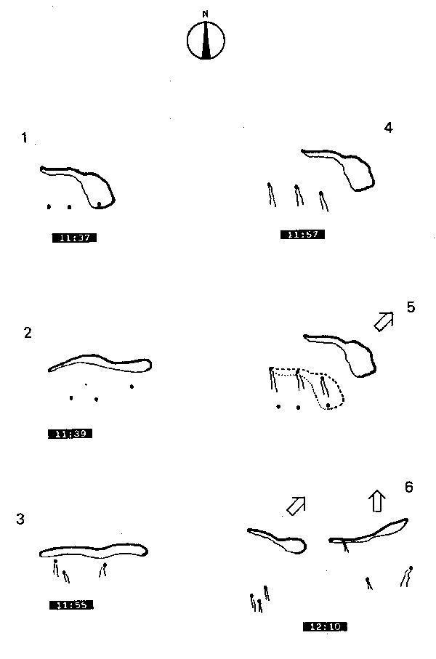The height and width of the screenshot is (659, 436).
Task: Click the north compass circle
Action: click(x=206, y=41)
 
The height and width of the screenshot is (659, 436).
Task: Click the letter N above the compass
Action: click(x=206, y=14)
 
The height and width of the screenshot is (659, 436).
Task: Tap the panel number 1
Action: click(x=25, y=138)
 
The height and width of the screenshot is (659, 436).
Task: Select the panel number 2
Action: click(x=28, y=333)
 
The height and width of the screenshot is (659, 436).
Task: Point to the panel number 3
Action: click(x=20, y=519)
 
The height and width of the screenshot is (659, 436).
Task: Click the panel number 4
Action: click(x=388, y=128)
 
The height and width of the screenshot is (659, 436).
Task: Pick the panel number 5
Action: click(x=411, y=307)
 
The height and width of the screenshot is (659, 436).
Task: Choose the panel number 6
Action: click(x=409, y=487)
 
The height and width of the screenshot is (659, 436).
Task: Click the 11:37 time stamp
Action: click(x=75, y=237)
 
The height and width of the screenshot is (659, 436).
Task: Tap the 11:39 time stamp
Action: click(x=70, y=434)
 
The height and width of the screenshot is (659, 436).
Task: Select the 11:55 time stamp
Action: click(x=71, y=605)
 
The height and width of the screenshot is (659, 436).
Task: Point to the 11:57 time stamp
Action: click(x=302, y=234)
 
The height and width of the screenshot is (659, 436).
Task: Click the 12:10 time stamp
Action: click(x=325, y=626)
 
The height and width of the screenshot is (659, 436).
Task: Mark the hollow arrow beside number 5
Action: click(x=384, y=321)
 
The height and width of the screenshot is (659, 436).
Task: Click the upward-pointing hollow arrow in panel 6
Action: click(x=376, y=501)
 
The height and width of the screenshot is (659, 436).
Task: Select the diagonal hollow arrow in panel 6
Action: click(x=296, y=506)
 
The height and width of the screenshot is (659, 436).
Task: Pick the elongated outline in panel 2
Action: click(x=102, y=363)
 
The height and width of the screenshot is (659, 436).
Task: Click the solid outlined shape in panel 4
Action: click(x=356, y=174)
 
